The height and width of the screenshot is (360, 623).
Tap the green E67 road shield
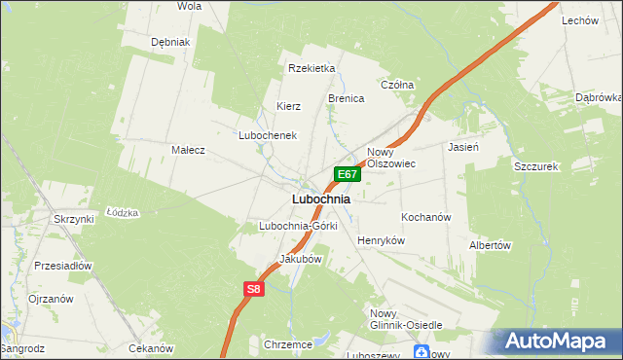(x=348, y=174)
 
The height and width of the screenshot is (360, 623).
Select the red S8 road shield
(x=253, y=289)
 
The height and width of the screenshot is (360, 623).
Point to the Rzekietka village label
(x=311, y=68)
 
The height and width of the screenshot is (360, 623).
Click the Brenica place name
(x=346, y=99)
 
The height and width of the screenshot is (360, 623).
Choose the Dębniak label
(x=170, y=43)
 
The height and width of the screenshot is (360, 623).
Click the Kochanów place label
(x=425, y=217)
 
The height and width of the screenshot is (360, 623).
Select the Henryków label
(x=381, y=240)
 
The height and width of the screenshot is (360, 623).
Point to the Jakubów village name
(x=300, y=260)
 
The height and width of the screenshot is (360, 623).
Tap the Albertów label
(x=490, y=245)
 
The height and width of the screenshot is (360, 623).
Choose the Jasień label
(x=462, y=147)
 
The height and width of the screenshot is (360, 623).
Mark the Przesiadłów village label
(x=62, y=265)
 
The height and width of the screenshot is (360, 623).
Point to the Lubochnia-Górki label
(x=298, y=226)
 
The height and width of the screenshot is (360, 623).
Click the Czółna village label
(x=397, y=85)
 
